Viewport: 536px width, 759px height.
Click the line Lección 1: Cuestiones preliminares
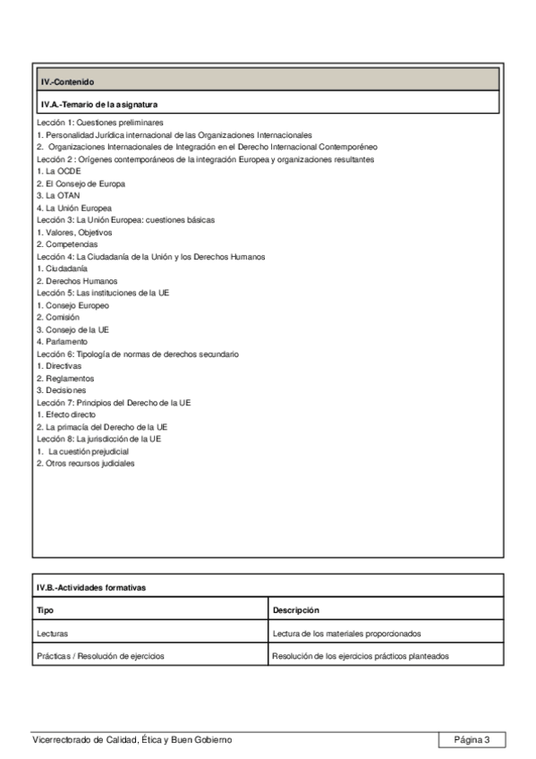(100, 122)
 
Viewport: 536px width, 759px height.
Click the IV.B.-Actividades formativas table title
(91, 587)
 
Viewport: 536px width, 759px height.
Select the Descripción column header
(296, 610)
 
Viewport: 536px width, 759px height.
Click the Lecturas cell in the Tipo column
(52, 633)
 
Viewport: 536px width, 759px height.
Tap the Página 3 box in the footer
(472, 739)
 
